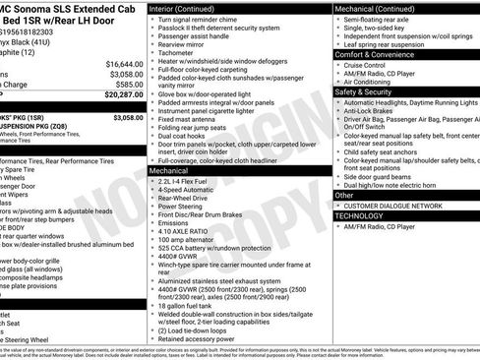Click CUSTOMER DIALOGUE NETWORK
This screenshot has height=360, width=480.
(393, 206)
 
